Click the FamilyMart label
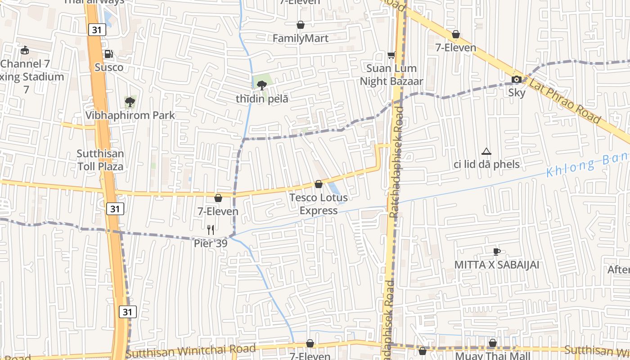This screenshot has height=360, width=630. tap(301, 38)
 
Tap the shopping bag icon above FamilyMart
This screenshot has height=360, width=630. tap(301, 25)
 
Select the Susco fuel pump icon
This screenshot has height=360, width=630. tap(109, 54)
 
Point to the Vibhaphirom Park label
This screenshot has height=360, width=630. tap(130, 115)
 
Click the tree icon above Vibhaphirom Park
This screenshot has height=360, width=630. tap(130, 102)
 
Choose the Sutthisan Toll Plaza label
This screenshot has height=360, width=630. tap(100, 160)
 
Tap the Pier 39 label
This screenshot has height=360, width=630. tap(211, 243)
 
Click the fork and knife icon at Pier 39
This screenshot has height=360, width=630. tap(211, 230)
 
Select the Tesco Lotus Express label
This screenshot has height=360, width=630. tap(319, 204)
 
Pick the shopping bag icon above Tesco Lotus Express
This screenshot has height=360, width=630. tap(319, 184)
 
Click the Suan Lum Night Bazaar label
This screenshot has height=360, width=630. tap(391, 75)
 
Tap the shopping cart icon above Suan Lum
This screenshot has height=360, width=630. tap(391, 55)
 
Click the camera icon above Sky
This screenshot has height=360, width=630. tap(517, 80)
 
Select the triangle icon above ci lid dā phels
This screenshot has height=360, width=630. tap(486, 151)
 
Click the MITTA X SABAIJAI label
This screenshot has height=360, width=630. tap(496, 265)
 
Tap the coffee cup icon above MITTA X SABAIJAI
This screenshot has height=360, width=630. tap(496, 251)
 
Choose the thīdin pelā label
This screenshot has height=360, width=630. tap(262, 99)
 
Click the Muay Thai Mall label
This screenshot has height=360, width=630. tap(493, 356)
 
